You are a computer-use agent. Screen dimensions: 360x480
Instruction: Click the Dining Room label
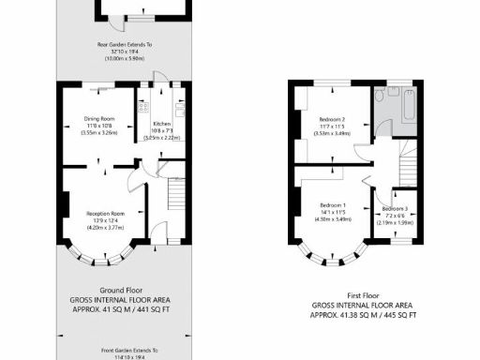[100, 118]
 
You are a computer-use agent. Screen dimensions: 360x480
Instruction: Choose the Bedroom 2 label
[333, 120]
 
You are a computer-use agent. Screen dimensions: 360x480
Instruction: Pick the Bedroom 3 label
[394, 207]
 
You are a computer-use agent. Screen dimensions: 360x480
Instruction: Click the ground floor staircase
[175, 196]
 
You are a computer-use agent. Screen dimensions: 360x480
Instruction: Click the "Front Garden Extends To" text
[122, 349]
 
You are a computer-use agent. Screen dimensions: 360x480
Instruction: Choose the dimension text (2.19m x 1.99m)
[394, 222]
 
